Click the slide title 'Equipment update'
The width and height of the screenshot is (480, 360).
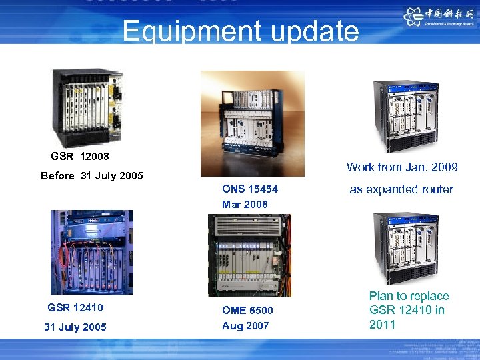[240, 31]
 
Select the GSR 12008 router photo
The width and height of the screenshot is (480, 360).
[88, 107]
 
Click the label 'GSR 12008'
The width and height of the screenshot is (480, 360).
[80, 157]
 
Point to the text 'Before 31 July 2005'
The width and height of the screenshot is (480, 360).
[92, 176]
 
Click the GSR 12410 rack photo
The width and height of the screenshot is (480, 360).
[92, 252]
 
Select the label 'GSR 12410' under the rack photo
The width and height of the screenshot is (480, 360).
[75, 307]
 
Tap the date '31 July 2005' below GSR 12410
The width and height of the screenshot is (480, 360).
[75, 327]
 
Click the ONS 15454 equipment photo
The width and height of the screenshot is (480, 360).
[253, 123]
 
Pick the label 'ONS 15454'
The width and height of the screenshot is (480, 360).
[250, 189]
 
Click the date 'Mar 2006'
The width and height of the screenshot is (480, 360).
[245, 205]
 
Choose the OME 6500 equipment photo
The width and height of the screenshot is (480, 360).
[249, 255]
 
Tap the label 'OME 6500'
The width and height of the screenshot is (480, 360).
[247, 310]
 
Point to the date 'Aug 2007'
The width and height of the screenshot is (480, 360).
[245, 325]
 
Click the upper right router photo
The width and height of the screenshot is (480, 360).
[405, 116]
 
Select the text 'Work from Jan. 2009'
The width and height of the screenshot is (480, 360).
[402, 167]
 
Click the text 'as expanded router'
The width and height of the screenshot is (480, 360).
[401, 189]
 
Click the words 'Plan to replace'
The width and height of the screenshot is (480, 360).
[409, 296]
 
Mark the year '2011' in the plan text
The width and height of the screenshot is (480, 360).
[382, 325]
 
